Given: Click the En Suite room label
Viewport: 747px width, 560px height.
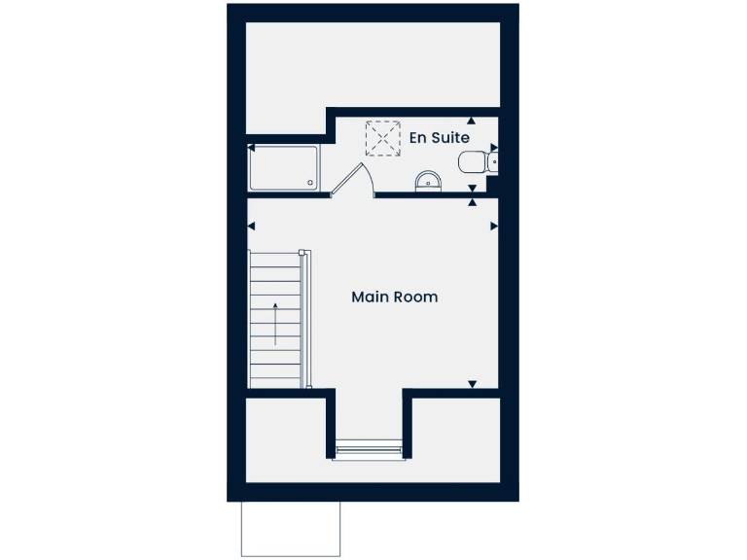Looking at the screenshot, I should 440,138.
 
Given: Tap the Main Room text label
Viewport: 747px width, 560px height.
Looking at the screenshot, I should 394,297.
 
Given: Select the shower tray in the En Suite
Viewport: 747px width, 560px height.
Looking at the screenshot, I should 283,168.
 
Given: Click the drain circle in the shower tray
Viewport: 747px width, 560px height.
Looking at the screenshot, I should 311,182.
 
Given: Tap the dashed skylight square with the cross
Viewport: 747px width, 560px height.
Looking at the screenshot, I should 382,138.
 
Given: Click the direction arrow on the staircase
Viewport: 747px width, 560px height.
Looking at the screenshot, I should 276,324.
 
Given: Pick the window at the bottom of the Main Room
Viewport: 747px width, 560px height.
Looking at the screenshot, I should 369,448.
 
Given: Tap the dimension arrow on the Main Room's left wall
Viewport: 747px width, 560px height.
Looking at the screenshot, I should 251,227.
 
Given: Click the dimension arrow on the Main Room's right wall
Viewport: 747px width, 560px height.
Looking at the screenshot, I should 493,227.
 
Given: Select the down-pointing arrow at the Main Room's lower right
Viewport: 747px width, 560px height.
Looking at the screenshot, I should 473,384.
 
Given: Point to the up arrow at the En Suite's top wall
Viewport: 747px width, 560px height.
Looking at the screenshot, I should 472,122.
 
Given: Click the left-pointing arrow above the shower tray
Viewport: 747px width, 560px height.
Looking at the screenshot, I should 251,149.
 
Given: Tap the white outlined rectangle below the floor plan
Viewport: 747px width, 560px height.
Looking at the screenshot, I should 291,529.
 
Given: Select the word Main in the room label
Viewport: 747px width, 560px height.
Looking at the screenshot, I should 370,297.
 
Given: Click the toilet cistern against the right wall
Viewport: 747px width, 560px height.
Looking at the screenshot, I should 494,161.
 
